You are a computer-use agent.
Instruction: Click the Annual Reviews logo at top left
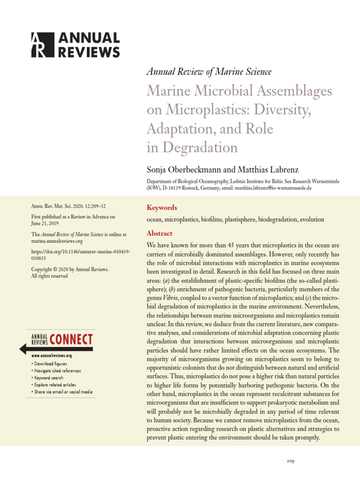[x=75, y=45]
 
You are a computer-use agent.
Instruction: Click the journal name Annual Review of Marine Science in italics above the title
[x=209, y=72]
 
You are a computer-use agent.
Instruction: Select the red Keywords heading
[x=162, y=207]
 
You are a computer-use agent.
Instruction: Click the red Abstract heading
[x=159, y=233]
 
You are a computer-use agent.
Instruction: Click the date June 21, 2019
[x=45, y=223]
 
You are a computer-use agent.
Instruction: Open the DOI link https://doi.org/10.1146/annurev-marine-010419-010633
[x=80, y=255]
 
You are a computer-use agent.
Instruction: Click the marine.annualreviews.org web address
[x=57, y=241]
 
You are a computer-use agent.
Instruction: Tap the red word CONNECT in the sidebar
[x=71, y=339]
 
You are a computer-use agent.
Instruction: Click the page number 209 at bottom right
[x=290, y=462]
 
